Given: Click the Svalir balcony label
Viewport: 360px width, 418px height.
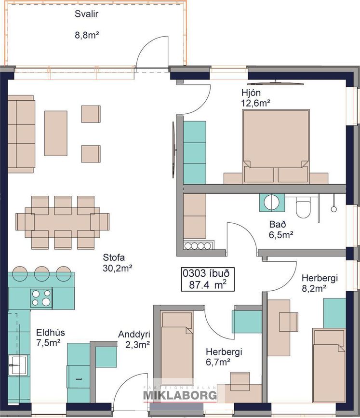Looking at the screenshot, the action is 86,14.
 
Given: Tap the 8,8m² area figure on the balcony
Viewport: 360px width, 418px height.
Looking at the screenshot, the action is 87,35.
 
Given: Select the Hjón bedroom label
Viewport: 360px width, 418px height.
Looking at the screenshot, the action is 251,93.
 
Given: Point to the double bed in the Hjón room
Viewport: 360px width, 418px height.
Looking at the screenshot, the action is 276,147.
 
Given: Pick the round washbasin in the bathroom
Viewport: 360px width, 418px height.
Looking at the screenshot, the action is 272,202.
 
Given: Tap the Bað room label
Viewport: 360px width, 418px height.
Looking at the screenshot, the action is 278,225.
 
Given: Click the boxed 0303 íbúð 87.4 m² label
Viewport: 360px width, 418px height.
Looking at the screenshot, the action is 208,279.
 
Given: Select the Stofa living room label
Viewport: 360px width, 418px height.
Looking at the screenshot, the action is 114,257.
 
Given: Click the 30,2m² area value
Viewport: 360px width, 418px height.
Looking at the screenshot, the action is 118,268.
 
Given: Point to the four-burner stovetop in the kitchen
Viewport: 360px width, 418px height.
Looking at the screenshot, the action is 41,298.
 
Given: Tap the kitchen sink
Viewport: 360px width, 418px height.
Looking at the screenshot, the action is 17,365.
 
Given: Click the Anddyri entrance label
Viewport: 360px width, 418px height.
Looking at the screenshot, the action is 134,334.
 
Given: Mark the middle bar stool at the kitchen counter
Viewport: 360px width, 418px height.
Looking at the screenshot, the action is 42,273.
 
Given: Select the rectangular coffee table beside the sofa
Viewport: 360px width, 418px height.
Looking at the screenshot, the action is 56,133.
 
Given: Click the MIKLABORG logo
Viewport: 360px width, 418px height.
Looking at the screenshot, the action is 180,395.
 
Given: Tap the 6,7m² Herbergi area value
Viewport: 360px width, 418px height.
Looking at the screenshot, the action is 218,362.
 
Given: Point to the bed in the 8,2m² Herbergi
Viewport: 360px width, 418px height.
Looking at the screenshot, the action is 329,365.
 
